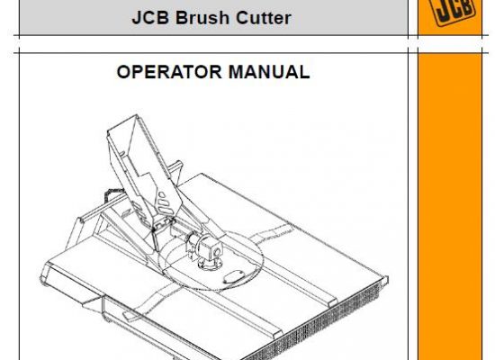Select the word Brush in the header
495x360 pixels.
click(x=202, y=18)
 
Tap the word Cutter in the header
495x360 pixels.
click(x=264, y=18)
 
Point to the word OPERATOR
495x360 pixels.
click(x=169, y=72)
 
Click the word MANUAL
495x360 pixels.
click(x=269, y=72)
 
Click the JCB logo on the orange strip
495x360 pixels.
click(x=452, y=11)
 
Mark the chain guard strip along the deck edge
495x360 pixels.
click(x=316, y=319)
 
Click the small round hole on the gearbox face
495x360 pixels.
click(x=217, y=252)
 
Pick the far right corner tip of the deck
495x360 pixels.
click(x=388, y=278)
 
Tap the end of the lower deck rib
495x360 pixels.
click(x=275, y=336)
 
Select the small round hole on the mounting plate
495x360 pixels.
click(x=161, y=194)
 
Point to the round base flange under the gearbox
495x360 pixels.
click(x=209, y=265)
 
